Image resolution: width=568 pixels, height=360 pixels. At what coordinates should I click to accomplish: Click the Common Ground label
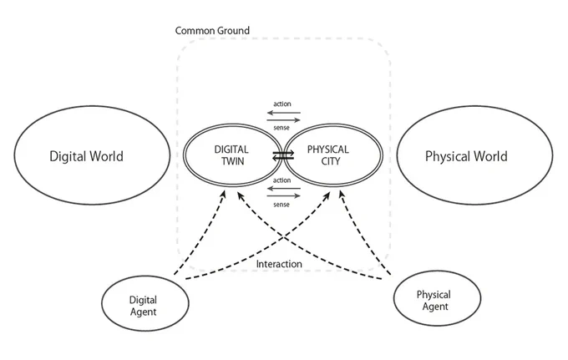point(212,30)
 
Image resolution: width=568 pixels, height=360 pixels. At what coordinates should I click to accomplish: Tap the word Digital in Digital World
point(68,156)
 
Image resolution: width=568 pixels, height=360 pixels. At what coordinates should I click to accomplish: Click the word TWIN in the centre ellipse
point(232,161)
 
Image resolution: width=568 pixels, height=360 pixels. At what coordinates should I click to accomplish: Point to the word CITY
point(331,161)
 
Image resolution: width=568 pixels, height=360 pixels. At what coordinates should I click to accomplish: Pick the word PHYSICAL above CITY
point(327,150)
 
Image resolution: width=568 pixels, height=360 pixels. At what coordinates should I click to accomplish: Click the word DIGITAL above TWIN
point(231,150)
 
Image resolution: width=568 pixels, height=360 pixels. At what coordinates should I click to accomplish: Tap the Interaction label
point(279,264)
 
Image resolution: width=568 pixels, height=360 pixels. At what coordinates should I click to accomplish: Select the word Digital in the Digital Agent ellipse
point(143,300)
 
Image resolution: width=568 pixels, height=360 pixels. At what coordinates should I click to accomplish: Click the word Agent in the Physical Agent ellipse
point(435,307)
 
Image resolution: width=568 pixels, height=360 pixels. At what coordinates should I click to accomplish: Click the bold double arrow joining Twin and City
point(283,155)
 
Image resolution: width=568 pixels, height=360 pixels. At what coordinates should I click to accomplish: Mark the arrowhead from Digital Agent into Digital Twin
point(224,195)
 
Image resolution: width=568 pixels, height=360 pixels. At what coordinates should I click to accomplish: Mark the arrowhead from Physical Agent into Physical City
point(342,195)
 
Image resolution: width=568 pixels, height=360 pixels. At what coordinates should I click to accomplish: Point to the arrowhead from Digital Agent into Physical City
point(327,196)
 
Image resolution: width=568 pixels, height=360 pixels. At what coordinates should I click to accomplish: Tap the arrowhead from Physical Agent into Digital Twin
point(241,195)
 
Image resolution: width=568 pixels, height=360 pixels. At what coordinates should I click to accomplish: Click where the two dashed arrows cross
point(283,238)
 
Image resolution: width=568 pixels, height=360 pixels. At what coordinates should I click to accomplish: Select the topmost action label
point(282,104)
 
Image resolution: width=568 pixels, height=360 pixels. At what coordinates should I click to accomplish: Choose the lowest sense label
point(281,205)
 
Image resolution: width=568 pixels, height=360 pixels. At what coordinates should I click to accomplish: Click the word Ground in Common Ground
point(235,30)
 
